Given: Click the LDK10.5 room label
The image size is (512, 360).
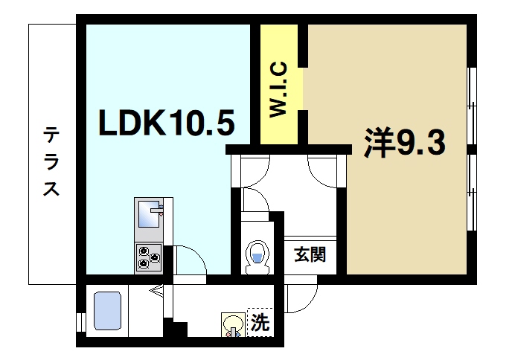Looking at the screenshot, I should [167, 124].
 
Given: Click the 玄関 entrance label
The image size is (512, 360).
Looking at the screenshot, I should [308, 256].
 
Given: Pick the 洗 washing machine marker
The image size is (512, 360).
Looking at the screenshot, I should [259, 323].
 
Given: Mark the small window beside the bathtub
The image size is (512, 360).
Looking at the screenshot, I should [80, 321].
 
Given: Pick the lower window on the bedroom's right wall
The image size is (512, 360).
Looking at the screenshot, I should [471, 193].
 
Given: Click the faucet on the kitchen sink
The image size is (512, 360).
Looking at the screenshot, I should [156, 210].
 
